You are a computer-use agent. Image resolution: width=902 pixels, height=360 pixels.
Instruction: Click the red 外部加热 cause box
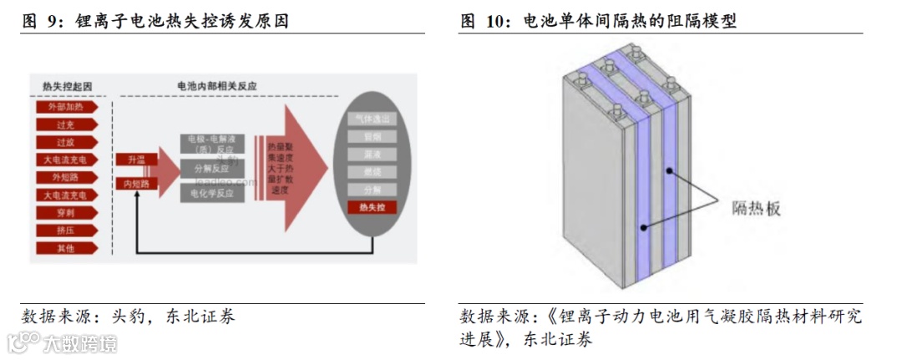click(66, 106)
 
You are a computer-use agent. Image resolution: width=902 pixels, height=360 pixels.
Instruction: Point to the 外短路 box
click(66, 177)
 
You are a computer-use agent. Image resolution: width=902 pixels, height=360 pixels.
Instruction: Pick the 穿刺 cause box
click(66, 212)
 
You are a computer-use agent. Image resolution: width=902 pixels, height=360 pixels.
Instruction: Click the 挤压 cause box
click(66, 230)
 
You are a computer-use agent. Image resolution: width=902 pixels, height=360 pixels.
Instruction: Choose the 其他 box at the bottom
click(66, 247)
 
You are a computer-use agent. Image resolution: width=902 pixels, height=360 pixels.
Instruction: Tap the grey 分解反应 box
click(212, 167)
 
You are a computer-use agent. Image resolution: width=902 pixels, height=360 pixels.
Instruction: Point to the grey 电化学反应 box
click(212, 193)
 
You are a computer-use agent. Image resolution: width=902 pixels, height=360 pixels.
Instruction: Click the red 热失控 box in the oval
click(372, 207)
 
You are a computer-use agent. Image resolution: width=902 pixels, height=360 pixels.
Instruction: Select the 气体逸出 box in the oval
click(372, 119)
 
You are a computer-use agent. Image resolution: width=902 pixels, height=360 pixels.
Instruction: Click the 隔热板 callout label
click(756, 209)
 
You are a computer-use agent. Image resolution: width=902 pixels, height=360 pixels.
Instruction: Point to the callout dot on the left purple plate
click(641, 226)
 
